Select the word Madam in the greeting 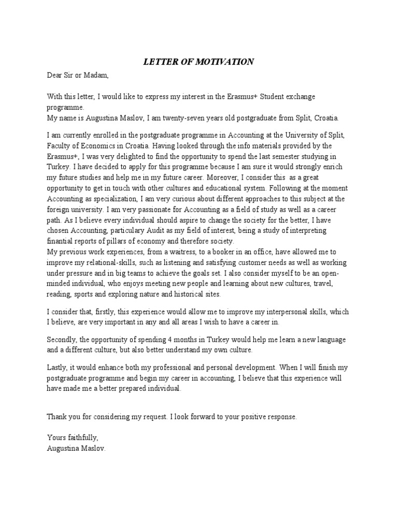[x=97, y=76]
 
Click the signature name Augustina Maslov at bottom [x=76, y=449]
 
